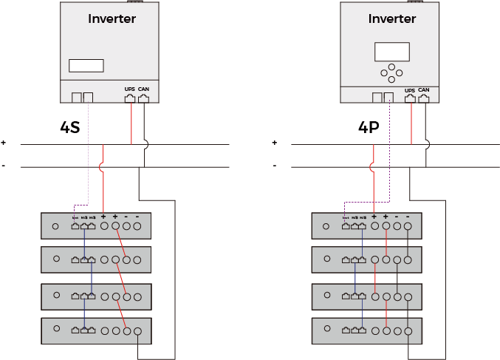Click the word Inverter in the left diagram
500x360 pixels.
(x=112, y=18)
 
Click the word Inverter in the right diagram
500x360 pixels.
(x=392, y=18)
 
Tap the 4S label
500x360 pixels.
(x=69, y=127)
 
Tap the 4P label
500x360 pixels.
(x=369, y=127)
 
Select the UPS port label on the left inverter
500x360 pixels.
(x=130, y=89)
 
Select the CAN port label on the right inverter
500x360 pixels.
(x=424, y=89)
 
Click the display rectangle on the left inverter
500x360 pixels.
(x=86, y=65)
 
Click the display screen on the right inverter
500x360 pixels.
(x=391, y=52)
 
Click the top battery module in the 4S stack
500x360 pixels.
(x=97, y=226)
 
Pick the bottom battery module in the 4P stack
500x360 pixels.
(x=367, y=330)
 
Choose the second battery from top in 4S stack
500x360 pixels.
(x=97, y=259)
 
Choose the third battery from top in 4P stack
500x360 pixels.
(x=367, y=296)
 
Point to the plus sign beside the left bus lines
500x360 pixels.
(x=4, y=143)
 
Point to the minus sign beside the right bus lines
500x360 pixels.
(x=275, y=166)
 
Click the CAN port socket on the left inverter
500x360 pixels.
(x=143, y=97)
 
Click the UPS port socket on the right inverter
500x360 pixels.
(x=411, y=97)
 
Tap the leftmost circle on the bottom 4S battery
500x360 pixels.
(x=56, y=330)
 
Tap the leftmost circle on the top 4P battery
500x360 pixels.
(x=326, y=226)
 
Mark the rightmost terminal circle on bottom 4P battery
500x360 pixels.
(x=408, y=330)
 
